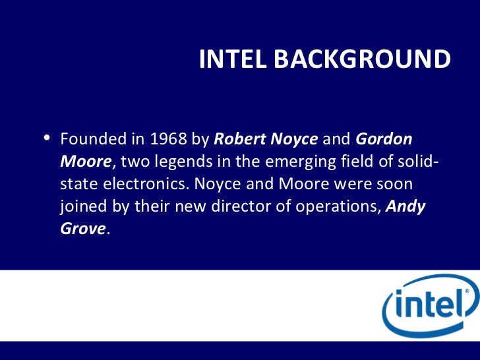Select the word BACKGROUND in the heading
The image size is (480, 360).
[362, 59]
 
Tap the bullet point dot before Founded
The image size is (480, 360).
[47, 138]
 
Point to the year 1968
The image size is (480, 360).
[169, 140]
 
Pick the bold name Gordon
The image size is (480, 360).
[384, 140]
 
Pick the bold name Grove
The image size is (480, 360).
[82, 229]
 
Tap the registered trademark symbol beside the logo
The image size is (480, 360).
[467, 291]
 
